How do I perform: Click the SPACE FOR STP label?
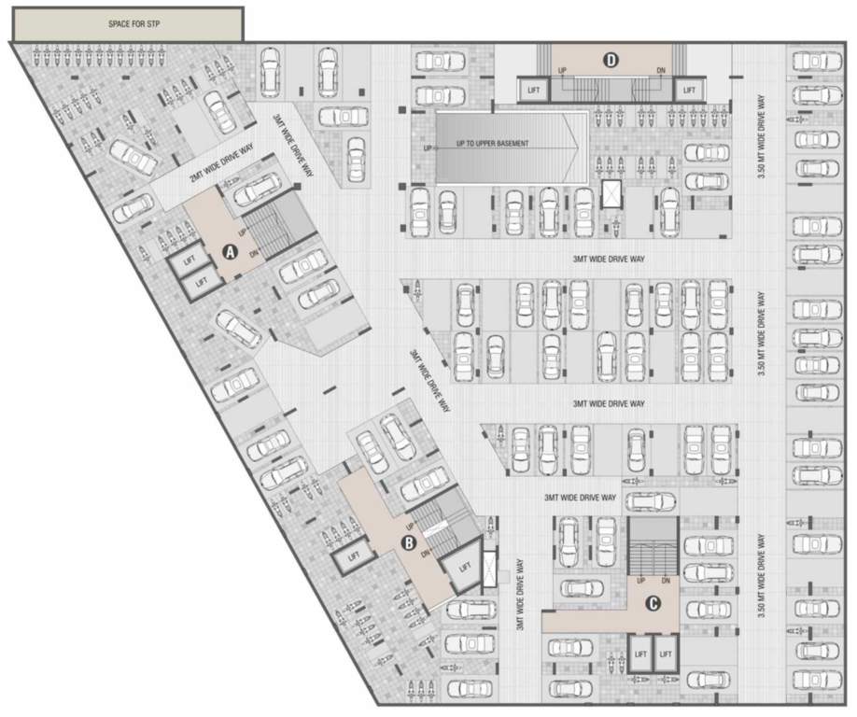128,23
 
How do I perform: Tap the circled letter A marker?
230,251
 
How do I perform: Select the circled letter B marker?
407,541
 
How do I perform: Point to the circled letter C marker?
653,603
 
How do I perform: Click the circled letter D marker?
611,61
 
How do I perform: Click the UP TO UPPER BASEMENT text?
493,143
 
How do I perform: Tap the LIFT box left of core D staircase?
532,90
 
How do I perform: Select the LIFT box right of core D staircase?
689,90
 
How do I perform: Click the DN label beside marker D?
661,71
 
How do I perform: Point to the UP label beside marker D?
562,71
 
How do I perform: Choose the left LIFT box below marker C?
639,654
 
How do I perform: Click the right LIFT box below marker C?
666,654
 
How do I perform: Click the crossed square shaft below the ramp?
611,194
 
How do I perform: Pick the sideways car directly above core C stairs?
651,502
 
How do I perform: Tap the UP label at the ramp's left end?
428,148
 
